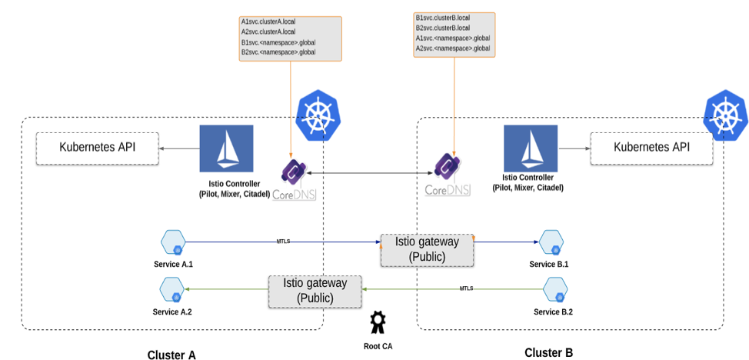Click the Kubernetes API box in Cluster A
(x=98, y=147)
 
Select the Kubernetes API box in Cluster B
(x=651, y=147)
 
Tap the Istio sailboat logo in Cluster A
(x=226, y=148)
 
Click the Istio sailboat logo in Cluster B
(x=531, y=148)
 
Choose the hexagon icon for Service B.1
(x=548, y=242)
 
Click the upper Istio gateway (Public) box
(x=427, y=249)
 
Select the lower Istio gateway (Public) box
(x=315, y=291)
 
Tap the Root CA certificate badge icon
(x=377, y=322)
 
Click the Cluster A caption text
(x=171, y=355)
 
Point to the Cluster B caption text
(x=548, y=352)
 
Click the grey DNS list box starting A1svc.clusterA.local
(x=290, y=37)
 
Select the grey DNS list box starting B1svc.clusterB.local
(x=453, y=33)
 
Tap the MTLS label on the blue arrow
(x=283, y=241)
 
